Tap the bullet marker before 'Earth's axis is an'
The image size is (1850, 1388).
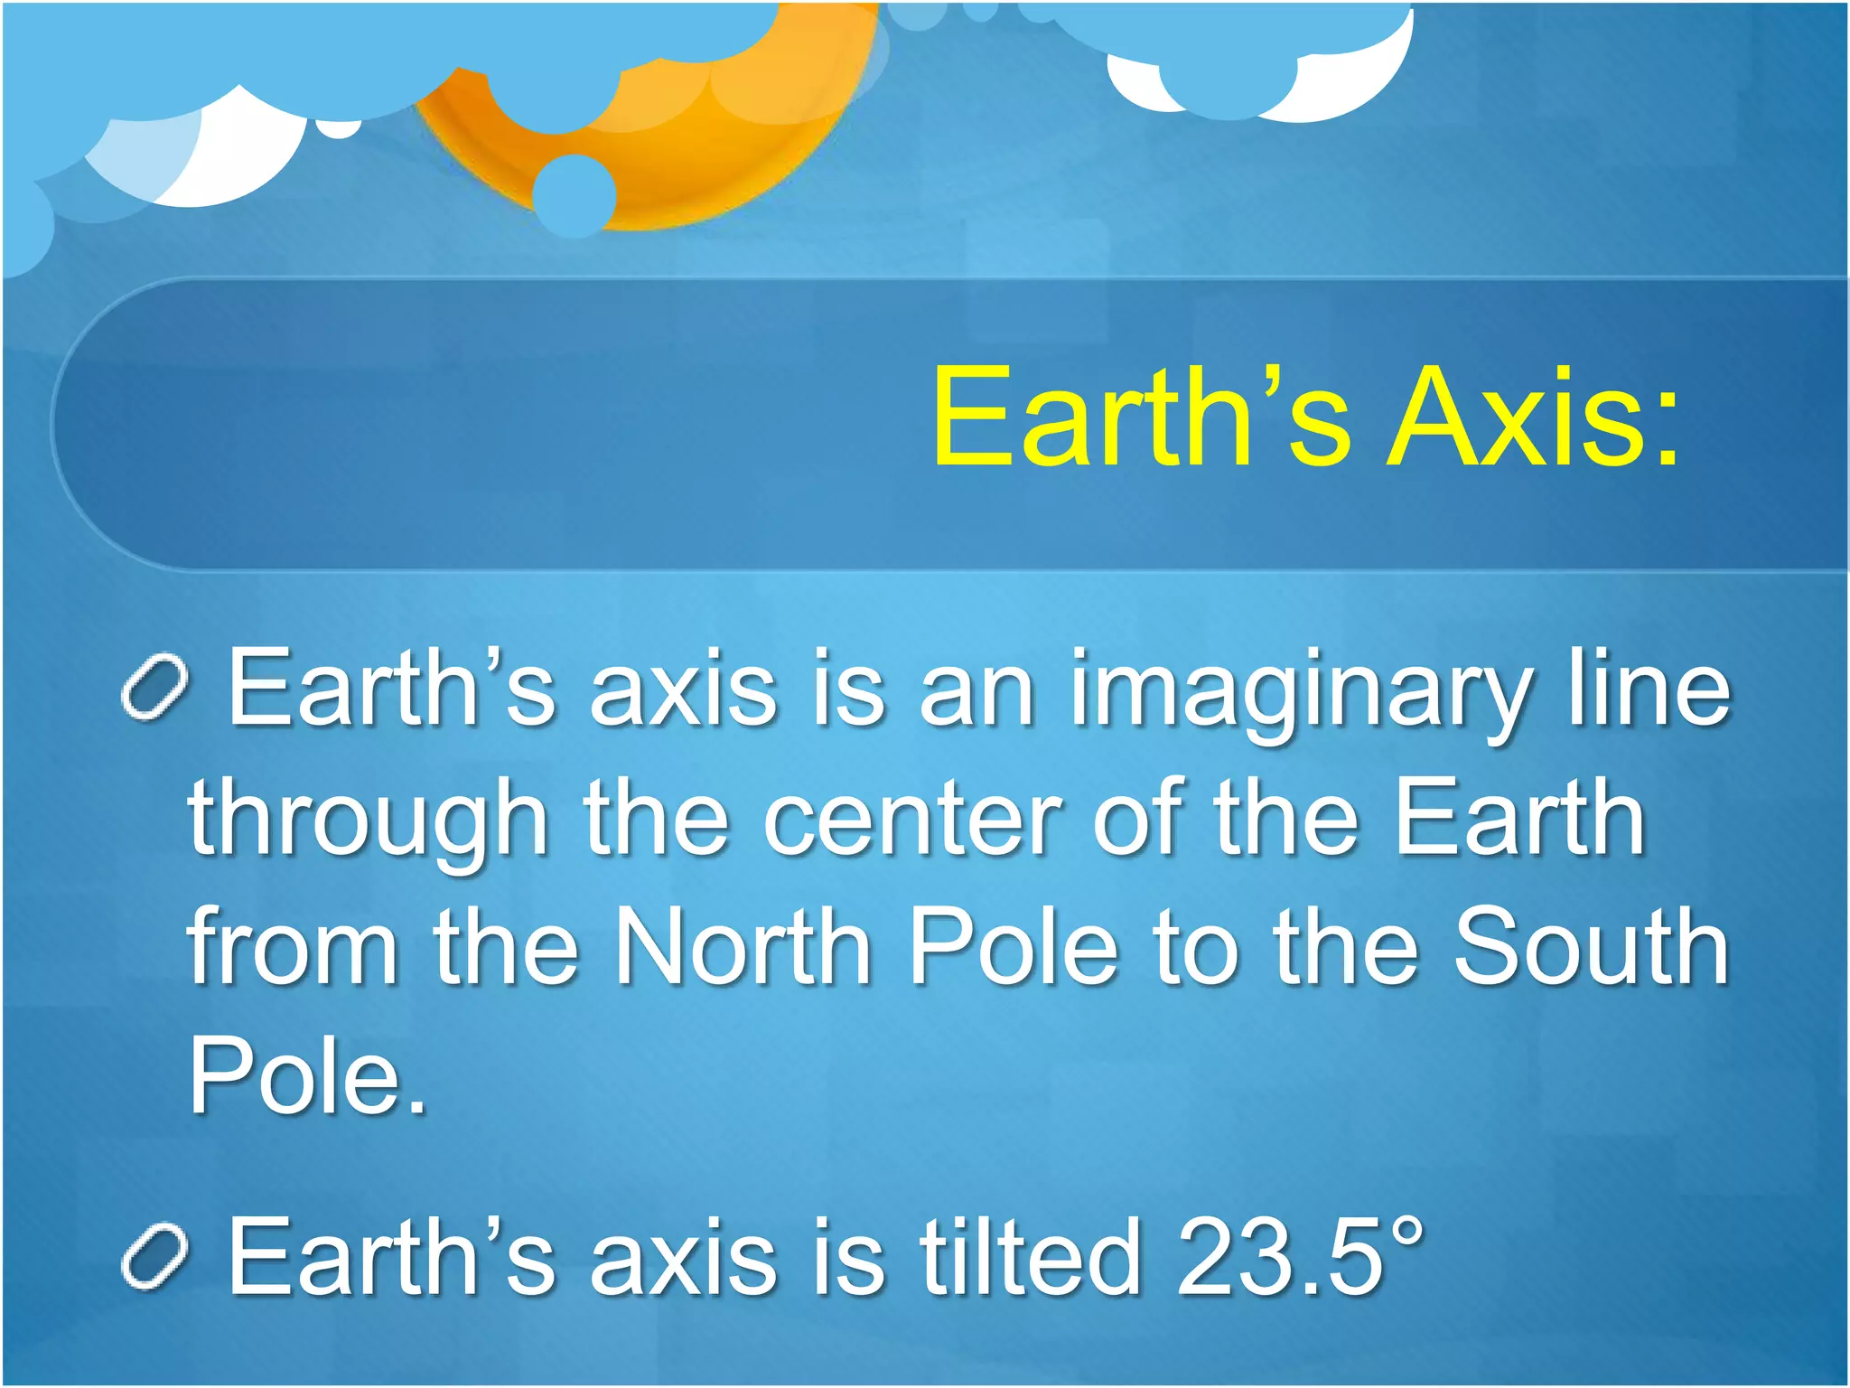(154, 690)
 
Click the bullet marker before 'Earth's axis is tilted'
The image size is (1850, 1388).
(154, 1257)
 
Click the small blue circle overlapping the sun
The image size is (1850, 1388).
(575, 195)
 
